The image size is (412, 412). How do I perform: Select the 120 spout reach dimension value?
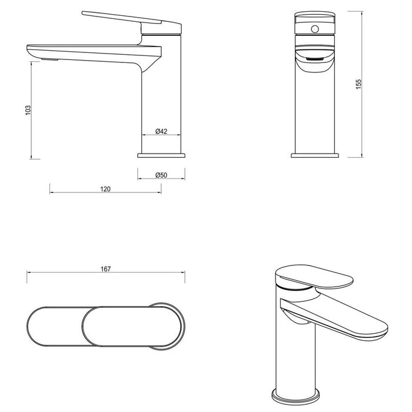point(105,189)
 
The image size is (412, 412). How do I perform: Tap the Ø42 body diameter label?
point(161,131)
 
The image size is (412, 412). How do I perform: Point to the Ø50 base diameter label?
point(161,175)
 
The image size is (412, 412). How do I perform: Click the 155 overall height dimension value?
point(358,84)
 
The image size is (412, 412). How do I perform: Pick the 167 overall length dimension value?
point(105,268)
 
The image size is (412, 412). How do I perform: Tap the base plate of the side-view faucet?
point(161,155)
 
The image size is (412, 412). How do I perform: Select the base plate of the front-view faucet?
point(315,155)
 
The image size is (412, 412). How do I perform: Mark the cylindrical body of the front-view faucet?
point(315,112)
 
